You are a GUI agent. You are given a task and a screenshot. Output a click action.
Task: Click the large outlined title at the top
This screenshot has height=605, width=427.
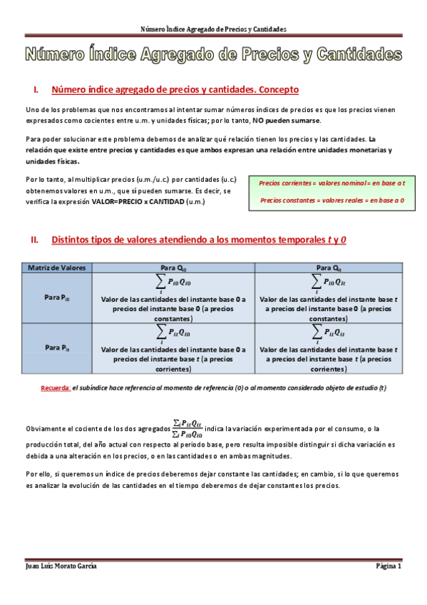(x=214, y=54)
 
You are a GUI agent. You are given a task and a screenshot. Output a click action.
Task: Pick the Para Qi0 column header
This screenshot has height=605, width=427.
(x=174, y=268)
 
